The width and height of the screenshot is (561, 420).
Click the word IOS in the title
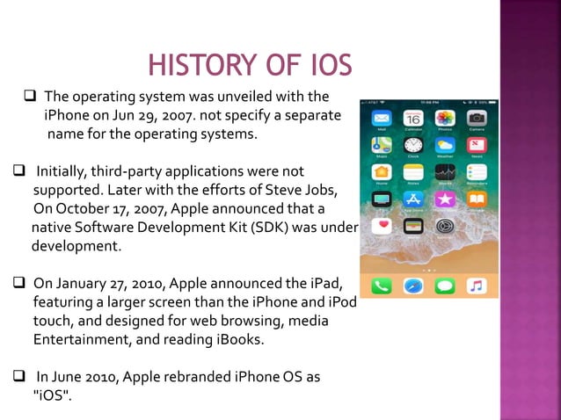point(324,65)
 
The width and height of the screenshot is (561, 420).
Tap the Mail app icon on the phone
point(382,118)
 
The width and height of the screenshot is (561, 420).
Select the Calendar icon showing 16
point(413,118)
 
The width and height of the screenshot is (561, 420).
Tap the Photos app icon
point(445,118)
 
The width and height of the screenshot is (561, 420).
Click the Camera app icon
point(477,118)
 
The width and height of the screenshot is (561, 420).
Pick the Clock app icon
point(413,145)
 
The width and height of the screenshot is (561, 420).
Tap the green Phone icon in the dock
point(382,286)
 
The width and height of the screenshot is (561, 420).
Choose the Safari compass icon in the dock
point(413,286)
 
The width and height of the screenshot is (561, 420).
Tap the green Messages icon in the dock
point(445,286)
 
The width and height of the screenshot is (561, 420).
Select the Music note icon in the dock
point(477,286)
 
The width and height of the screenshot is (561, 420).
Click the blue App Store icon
point(413,199)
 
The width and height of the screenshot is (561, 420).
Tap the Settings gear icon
point(445,227)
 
